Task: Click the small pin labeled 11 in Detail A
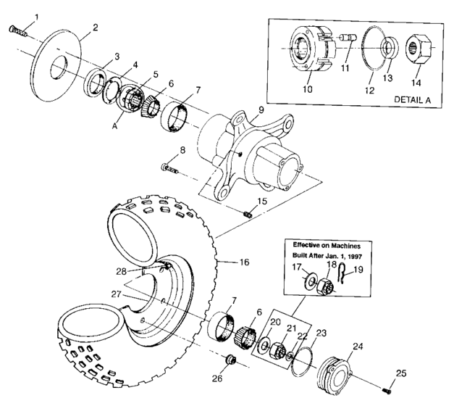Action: point(345,55)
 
